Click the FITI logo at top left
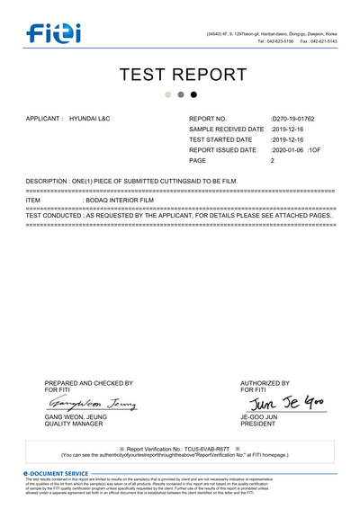tap(53, 34)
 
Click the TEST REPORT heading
tap(183, 74)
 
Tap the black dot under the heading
tap(193, 94)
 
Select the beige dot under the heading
tap(168, 94)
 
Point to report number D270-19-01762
tap(294, 119)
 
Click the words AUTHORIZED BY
tap(265, 383)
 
